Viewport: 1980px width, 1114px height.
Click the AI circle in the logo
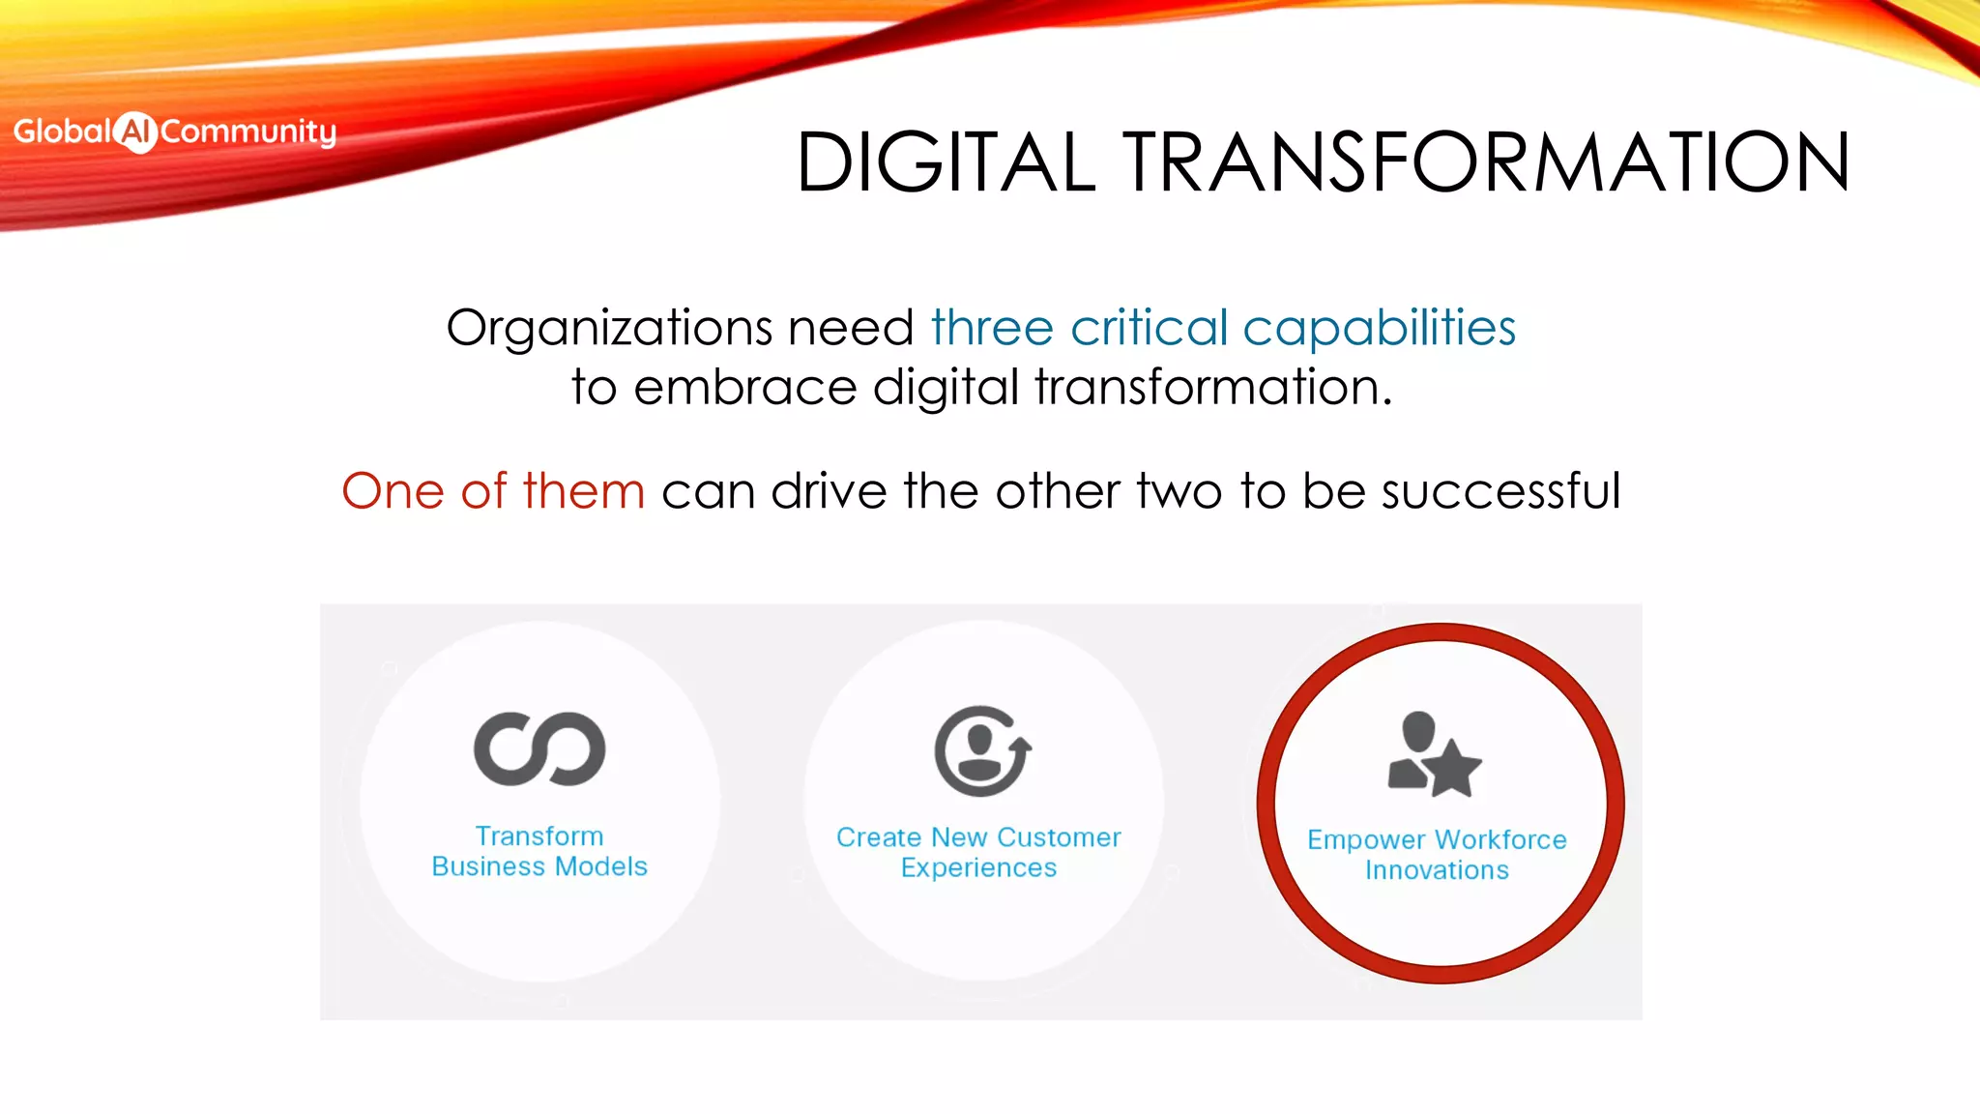pos(135,132)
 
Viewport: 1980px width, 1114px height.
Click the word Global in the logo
pos(62,131)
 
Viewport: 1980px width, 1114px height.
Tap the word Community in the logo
pos(247,132)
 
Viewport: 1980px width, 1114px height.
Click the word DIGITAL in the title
pos(946,162)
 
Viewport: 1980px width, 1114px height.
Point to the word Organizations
pos(608,329)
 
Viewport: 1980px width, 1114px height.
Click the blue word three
pos(991,328)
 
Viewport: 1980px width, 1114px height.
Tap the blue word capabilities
pos(1379,329)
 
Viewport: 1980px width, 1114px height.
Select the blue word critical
pos(1149,328)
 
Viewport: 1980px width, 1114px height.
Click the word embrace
pos(744,388)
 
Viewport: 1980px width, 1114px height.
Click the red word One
pos(393,491)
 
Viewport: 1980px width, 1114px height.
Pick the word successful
pos(1500,491)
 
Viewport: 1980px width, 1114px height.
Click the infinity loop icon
pos(539,749)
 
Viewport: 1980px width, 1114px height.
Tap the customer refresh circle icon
pos(981,751)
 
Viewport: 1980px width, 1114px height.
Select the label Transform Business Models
pos(539,851)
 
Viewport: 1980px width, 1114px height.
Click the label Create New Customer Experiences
pos(978,852)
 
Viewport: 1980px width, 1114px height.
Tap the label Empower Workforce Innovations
pos(1437,855)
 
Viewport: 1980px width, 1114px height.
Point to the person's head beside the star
pos(1418,730)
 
